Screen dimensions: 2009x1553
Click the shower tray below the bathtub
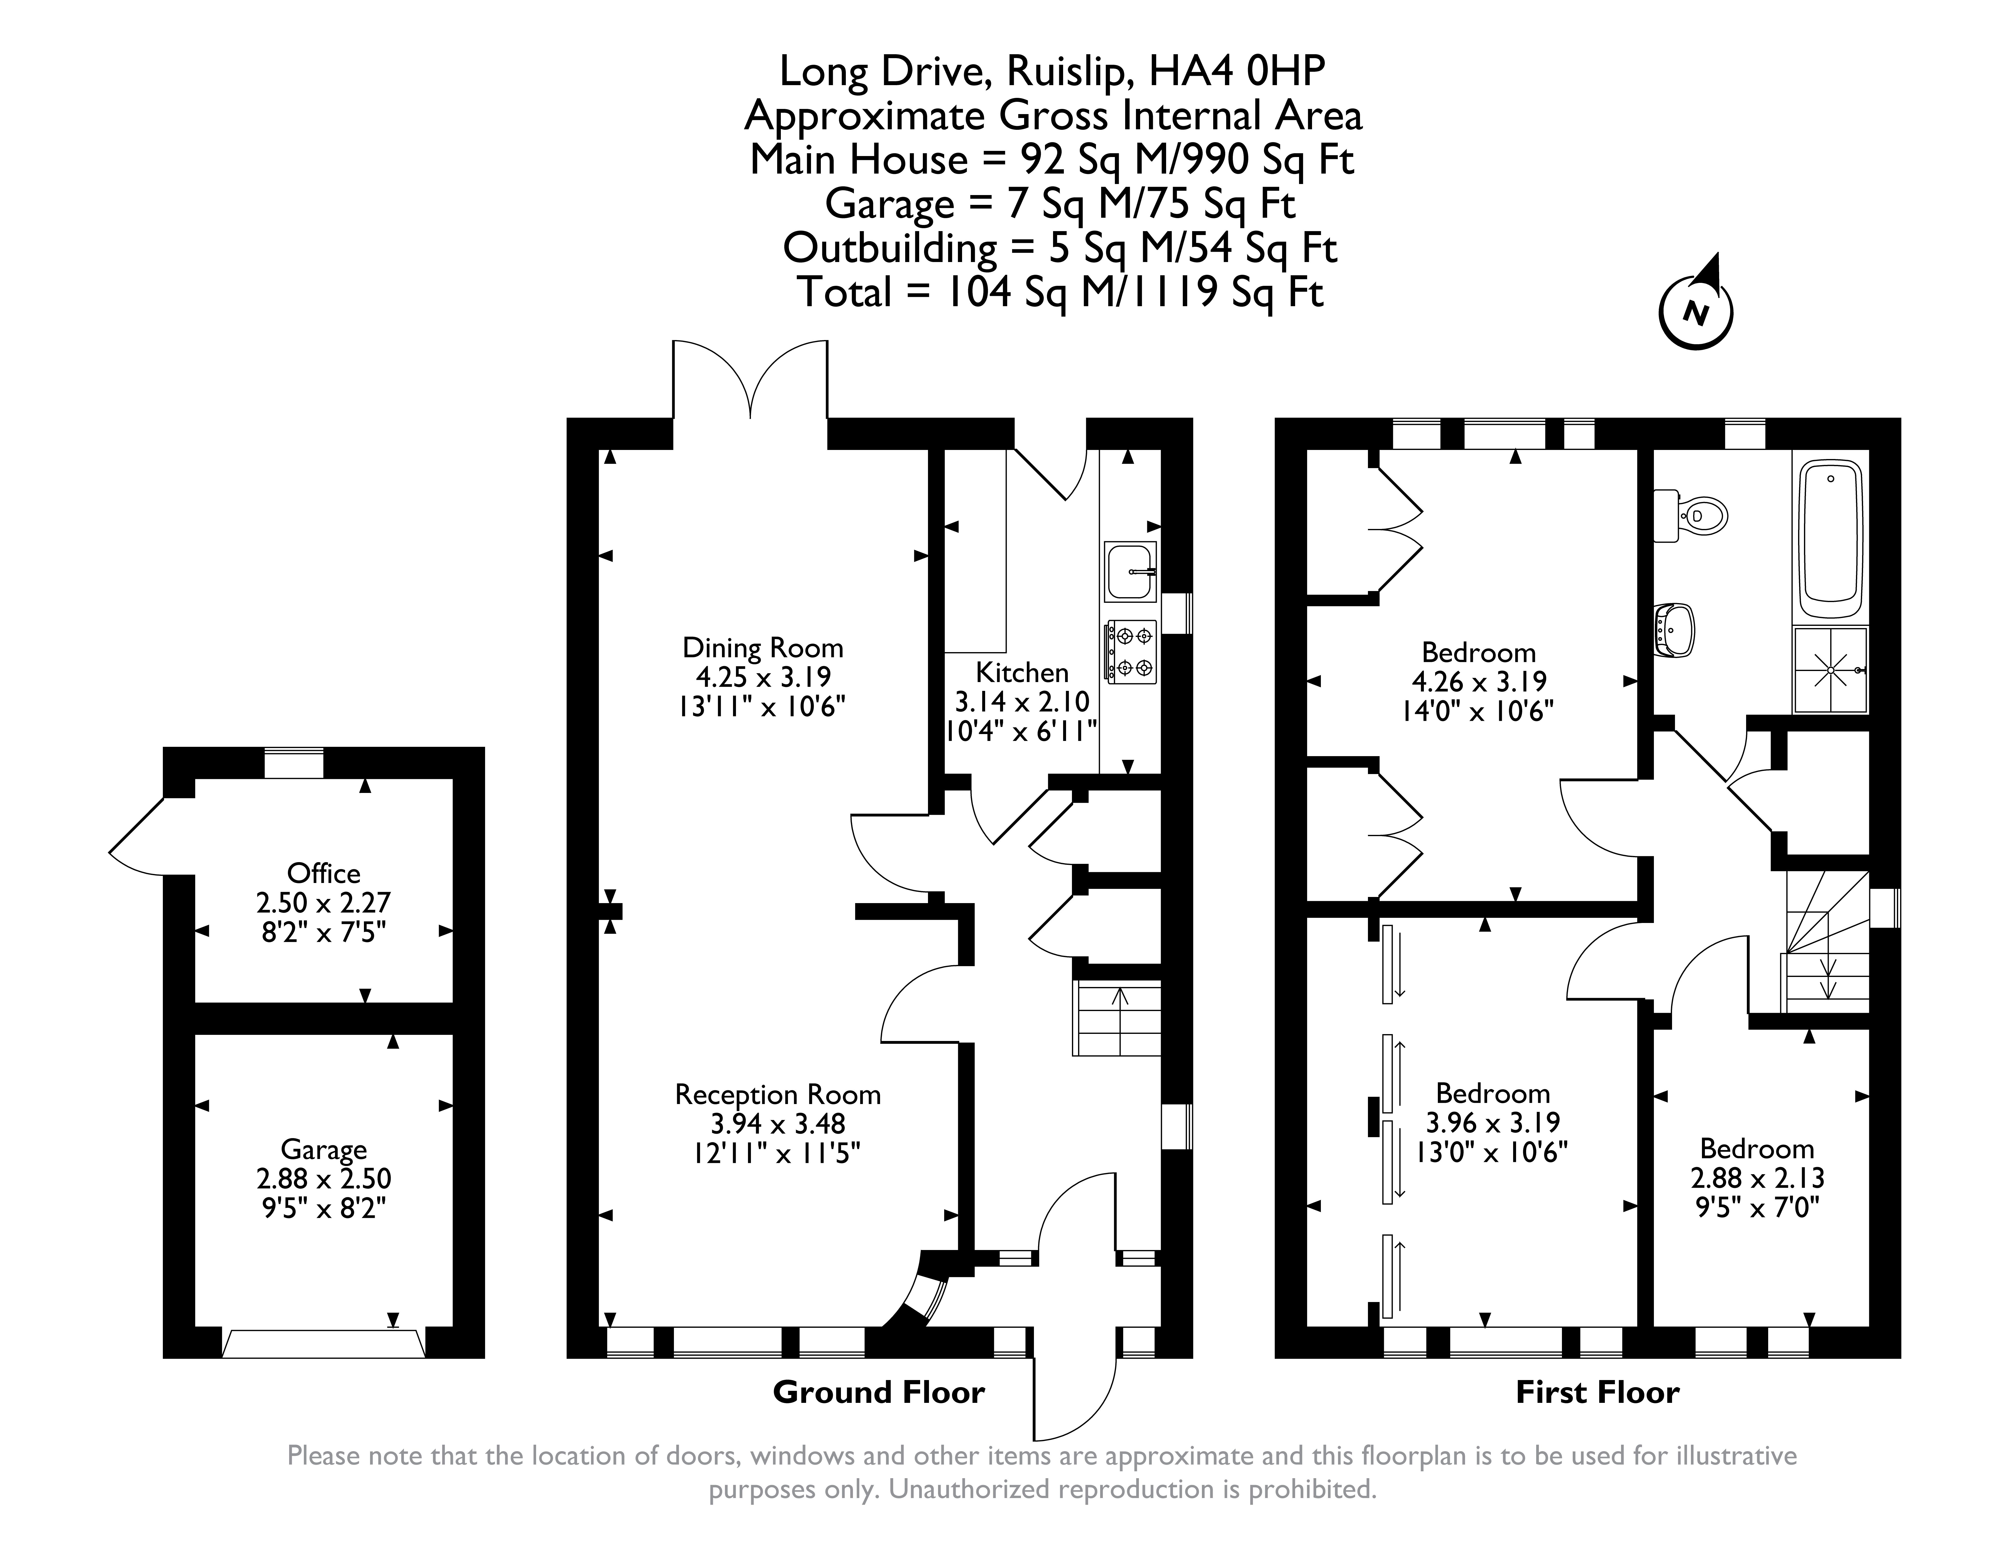point(1830,670)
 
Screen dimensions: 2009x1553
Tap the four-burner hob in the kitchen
point(1131,651)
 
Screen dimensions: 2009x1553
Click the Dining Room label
point(763,648)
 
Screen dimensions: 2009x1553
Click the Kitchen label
point(1022,672)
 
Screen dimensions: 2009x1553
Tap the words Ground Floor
point(878,1392)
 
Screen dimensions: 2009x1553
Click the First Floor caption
point(1598,1392)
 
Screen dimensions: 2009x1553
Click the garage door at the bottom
point(324,1342)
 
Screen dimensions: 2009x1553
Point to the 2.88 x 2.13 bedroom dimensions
point(1757,1178)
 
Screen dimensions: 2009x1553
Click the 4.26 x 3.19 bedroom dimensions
point(1479,682)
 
